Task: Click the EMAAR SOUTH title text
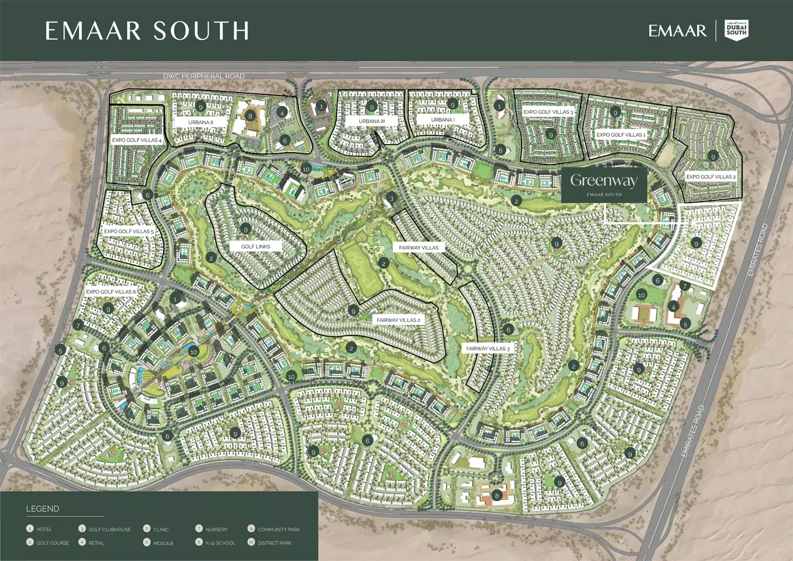coord(147,31)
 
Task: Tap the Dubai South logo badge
coord(736,30)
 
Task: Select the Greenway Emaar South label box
coord(604,185)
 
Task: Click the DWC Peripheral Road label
coord(204,76)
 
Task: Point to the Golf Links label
coord(256,246)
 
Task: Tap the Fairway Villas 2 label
coord(398,320)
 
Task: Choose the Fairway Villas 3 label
coord(487,348)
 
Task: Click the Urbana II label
coord(200,122)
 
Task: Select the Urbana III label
coord(372,121)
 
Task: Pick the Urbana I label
coord(442,120)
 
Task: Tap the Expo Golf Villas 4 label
coord(137,140)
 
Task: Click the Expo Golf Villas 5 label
coord(128,231)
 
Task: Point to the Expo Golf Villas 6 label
coord(110,292)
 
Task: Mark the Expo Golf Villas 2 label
coord(711,177)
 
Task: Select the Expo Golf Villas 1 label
coord(621,135)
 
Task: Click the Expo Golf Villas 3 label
coord(548,112)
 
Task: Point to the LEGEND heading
coord(43,509)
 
